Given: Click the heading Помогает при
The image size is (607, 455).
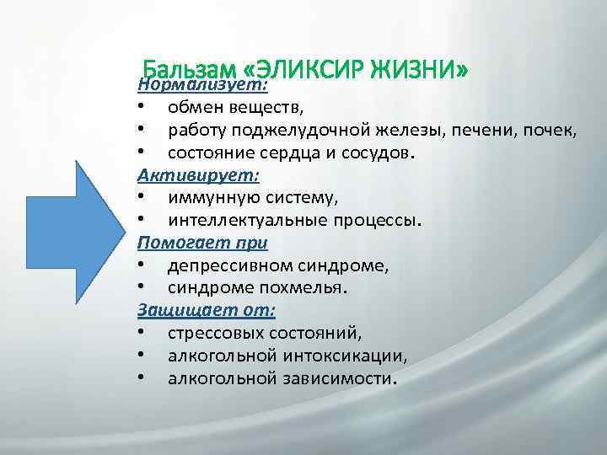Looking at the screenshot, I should coord(202,243).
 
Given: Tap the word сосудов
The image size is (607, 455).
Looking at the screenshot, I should coord(376,153).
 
